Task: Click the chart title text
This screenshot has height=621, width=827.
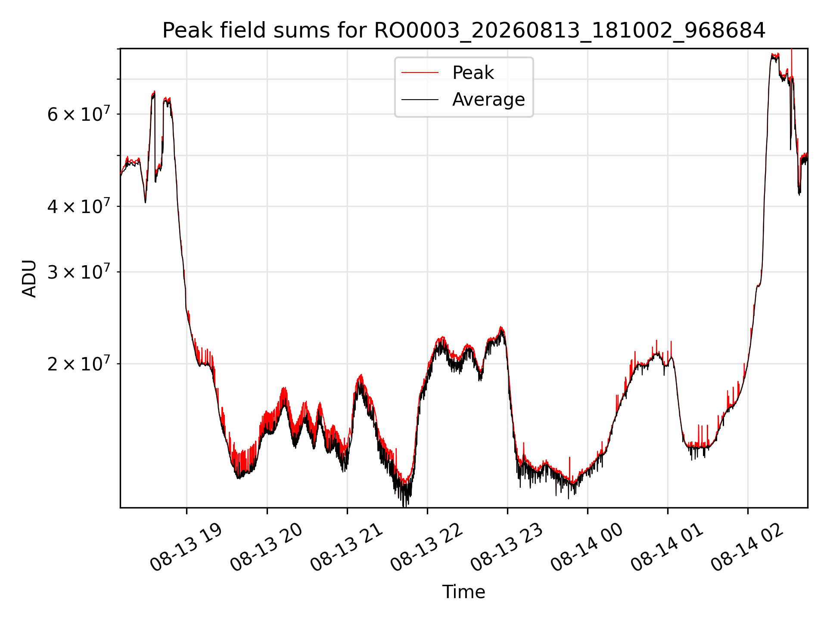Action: pyautogui.click(x=464, y=31)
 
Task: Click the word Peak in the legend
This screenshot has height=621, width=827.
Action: pyautogui.click(x=473, y=73)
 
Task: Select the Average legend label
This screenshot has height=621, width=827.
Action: pyautogui.click(x=488, y=100)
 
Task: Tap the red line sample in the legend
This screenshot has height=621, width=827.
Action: pyautogui.click(x=420, y=73)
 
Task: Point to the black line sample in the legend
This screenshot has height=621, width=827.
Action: pyautogui.click(x=420, y=100)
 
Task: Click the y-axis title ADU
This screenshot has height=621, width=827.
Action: pyautogui.click(x=29, y=279)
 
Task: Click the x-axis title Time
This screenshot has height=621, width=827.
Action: pyautogui.click(x=464, y=592)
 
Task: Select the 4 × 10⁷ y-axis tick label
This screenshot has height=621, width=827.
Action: pyautogui.click(x=79, y=206)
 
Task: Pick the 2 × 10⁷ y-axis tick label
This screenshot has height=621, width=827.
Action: pyautogui.click(x=79, y=364)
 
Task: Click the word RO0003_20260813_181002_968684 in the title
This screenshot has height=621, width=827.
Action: pyautogui.click(x=570, y=31)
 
